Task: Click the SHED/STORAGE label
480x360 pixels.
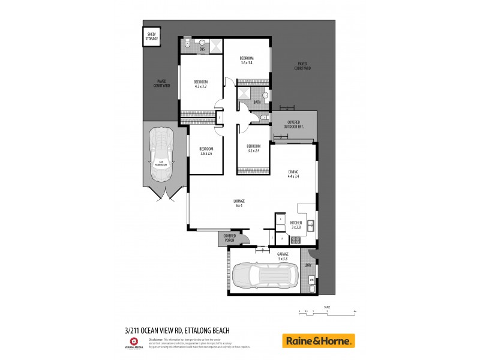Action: point(152,37)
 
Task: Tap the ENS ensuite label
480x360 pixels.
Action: point(202,49)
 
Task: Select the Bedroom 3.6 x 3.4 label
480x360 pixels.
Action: point(247,61)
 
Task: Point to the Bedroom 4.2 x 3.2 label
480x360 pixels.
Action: point(200,85)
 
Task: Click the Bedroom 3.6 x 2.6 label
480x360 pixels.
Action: point(206,151)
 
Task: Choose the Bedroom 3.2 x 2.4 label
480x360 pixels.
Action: point(254,148)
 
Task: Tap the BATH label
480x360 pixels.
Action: point(257,103)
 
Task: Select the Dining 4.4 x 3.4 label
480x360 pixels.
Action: point(293,175)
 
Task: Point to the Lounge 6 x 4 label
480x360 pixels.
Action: point(239,203)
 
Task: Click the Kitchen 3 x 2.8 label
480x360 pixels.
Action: point(296,225)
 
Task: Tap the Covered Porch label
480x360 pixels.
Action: point(229,238)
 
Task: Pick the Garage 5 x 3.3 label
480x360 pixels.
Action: point(283,256)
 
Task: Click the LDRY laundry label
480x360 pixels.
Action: point(308,265)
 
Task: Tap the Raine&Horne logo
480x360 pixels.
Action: point(318,341)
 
